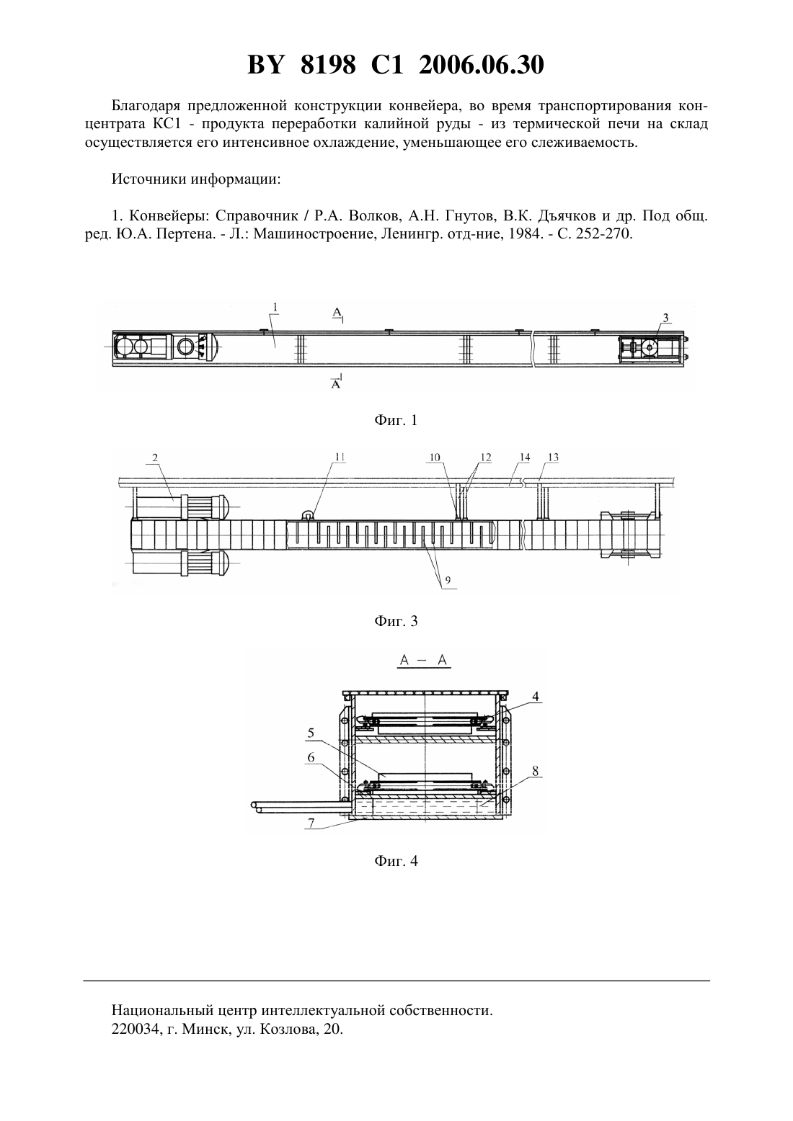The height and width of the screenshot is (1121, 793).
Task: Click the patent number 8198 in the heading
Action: tap(328, 65)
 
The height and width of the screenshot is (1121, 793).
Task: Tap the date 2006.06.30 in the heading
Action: tap(481, 65)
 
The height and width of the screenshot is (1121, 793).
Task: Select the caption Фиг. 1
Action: tap(396, 420)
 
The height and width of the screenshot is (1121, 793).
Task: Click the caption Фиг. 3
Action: tap(396, 621)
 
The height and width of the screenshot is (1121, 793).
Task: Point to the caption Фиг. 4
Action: tap(396, 861)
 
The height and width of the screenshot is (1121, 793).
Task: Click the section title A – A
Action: tap(423, 660)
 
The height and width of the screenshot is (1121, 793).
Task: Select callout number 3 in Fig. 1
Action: tap(665, 318)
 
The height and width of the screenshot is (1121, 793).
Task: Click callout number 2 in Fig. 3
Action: tap(155, 457)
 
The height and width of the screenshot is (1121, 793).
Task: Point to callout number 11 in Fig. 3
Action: tap(340, 457)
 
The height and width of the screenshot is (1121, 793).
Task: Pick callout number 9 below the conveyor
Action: tap(448, 580)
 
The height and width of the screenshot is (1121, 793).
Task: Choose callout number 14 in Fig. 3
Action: tap(525, 457)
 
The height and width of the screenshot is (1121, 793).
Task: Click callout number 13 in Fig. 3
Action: tap(553, 457)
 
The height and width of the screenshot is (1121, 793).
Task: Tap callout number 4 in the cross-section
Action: tap(535, 696)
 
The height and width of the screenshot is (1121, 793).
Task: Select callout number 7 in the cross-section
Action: tap(311, 823)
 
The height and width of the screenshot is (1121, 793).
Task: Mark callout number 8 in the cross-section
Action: tap(535, 771)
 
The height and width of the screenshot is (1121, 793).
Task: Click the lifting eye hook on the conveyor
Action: tap(306, 515)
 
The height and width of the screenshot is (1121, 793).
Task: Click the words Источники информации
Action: tap(196, 179)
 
